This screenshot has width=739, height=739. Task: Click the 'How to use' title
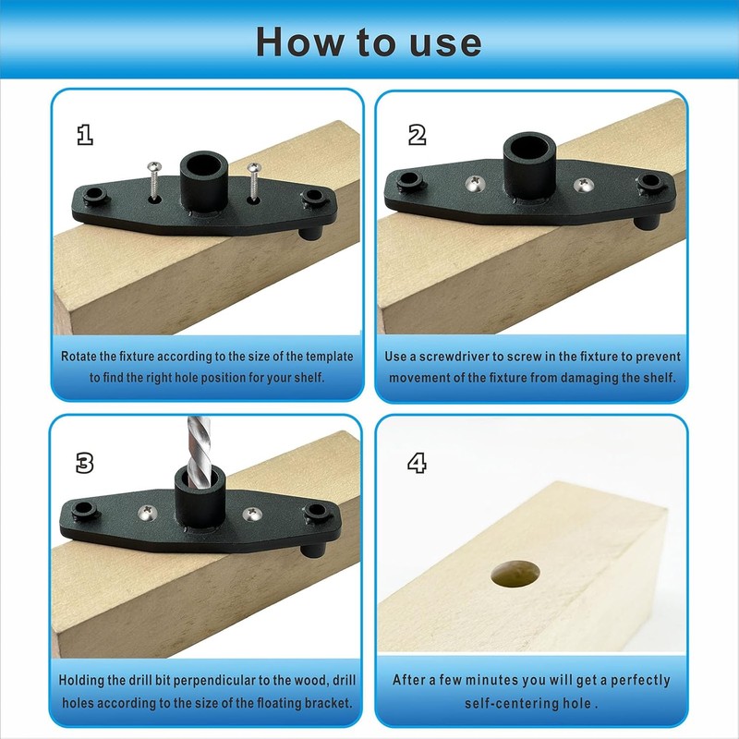pyautogui.click(x=369, y=42)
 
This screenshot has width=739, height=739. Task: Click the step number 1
pyautogui.click(x=85, y=135)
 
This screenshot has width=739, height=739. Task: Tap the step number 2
pyautogui.click(x=418, y=135)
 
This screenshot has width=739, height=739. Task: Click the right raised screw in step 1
pyautogui.click(x=254, y=179)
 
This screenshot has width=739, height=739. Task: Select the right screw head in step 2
pyautogui.click(x=582, y=186)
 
